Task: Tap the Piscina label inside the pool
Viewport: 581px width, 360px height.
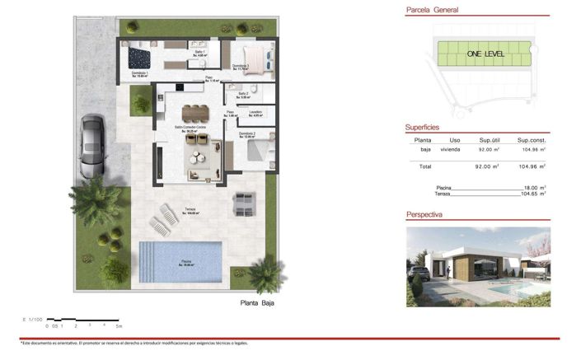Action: tap(187, 264)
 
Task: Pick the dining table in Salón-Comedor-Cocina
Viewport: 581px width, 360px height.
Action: tap(195, 111)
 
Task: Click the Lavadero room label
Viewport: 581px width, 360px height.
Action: tap(256, 113)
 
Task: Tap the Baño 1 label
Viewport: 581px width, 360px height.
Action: tap(199, 54)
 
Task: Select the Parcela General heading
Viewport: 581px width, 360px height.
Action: tap(433, 11)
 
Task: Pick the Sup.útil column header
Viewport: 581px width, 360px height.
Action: tap(490, 141)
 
